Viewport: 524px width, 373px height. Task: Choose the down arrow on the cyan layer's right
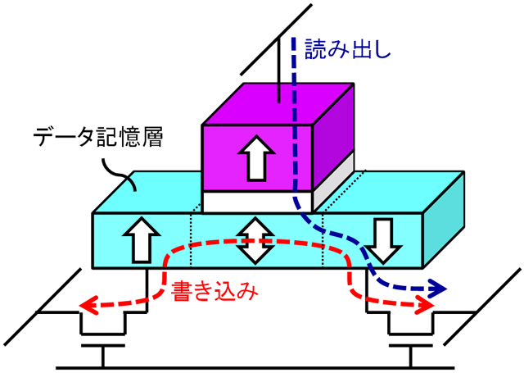pyautogui.click(x=381, y=239)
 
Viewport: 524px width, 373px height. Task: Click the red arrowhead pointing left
pyautogui.click(x=88, y=306)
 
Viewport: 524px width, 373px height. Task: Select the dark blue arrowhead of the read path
pyautogui.click(x=439, y=289)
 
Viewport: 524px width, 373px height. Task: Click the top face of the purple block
pyautogui.click(x=278, y=104)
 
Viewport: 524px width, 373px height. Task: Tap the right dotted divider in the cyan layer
pyautogui.click(x=323, y=238)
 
